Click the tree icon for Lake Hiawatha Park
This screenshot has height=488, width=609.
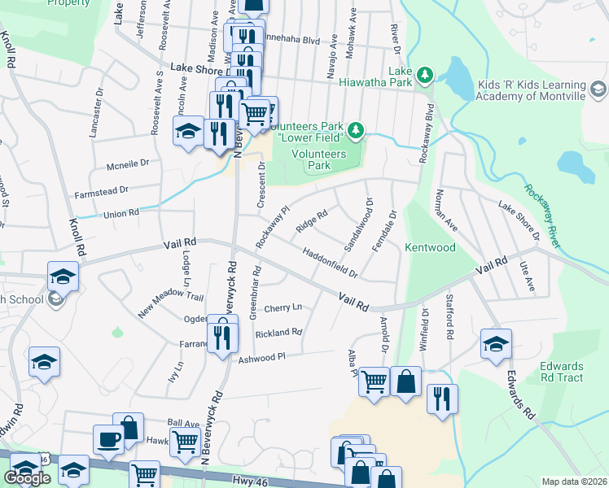[x=424, y=76]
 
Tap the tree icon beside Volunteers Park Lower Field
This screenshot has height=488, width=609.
[x=355, y=129]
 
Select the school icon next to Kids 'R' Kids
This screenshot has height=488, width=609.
[x=598, y=89]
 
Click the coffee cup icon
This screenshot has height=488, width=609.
[x=108, y=440]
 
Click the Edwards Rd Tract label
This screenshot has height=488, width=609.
[x=561, y=372]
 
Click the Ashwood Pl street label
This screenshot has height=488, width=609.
[x=262, y=357]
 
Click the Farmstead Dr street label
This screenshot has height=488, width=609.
[x=102, y=190]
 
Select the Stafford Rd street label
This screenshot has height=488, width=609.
[x=449, y=317]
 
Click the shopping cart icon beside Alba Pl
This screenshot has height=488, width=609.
[x=374, y=380]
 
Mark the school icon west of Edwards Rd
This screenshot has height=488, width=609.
[x=495, y=343]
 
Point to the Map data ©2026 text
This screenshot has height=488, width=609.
[x=574, y=481]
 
